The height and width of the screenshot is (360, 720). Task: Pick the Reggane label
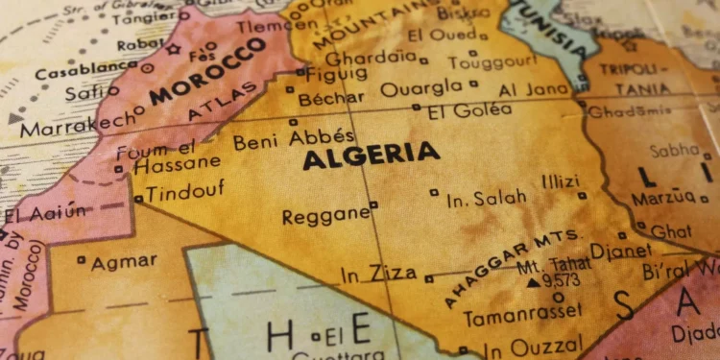(324, 214)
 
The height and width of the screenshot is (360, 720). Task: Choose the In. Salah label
(487, 198)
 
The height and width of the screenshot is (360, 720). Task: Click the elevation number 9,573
(562, 282)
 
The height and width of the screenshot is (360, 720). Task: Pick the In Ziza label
(378, 274)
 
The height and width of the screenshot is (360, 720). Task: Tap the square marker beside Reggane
(373, 204)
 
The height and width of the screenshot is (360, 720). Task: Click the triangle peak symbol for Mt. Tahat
(533, 282)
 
